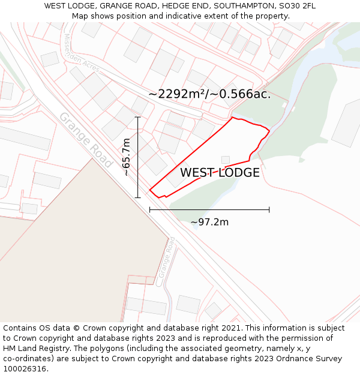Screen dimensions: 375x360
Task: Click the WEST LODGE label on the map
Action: click(x=220, y=173)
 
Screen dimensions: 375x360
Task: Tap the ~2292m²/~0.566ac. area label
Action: click(x=209, y=94)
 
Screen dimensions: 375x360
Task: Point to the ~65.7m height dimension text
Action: click(x=126, y=157)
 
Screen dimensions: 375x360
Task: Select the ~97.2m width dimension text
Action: click(x=209, y=222)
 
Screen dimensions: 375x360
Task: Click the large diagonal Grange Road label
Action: click(x=86, y=140)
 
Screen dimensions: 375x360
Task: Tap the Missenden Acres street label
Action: click(x=81, y=52)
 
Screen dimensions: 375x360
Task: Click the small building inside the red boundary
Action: click(x=226, y=160)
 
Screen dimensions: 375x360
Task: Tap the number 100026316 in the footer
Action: click(x=25, y=368)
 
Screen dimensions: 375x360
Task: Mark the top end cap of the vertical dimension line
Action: click(x=138, y=117)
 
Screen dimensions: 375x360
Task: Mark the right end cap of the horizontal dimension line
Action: click(x=269, y=209)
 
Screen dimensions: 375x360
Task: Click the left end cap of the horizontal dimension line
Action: click(x=150, y=209)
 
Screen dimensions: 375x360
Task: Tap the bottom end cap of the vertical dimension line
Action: click(x=138, y=197)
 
